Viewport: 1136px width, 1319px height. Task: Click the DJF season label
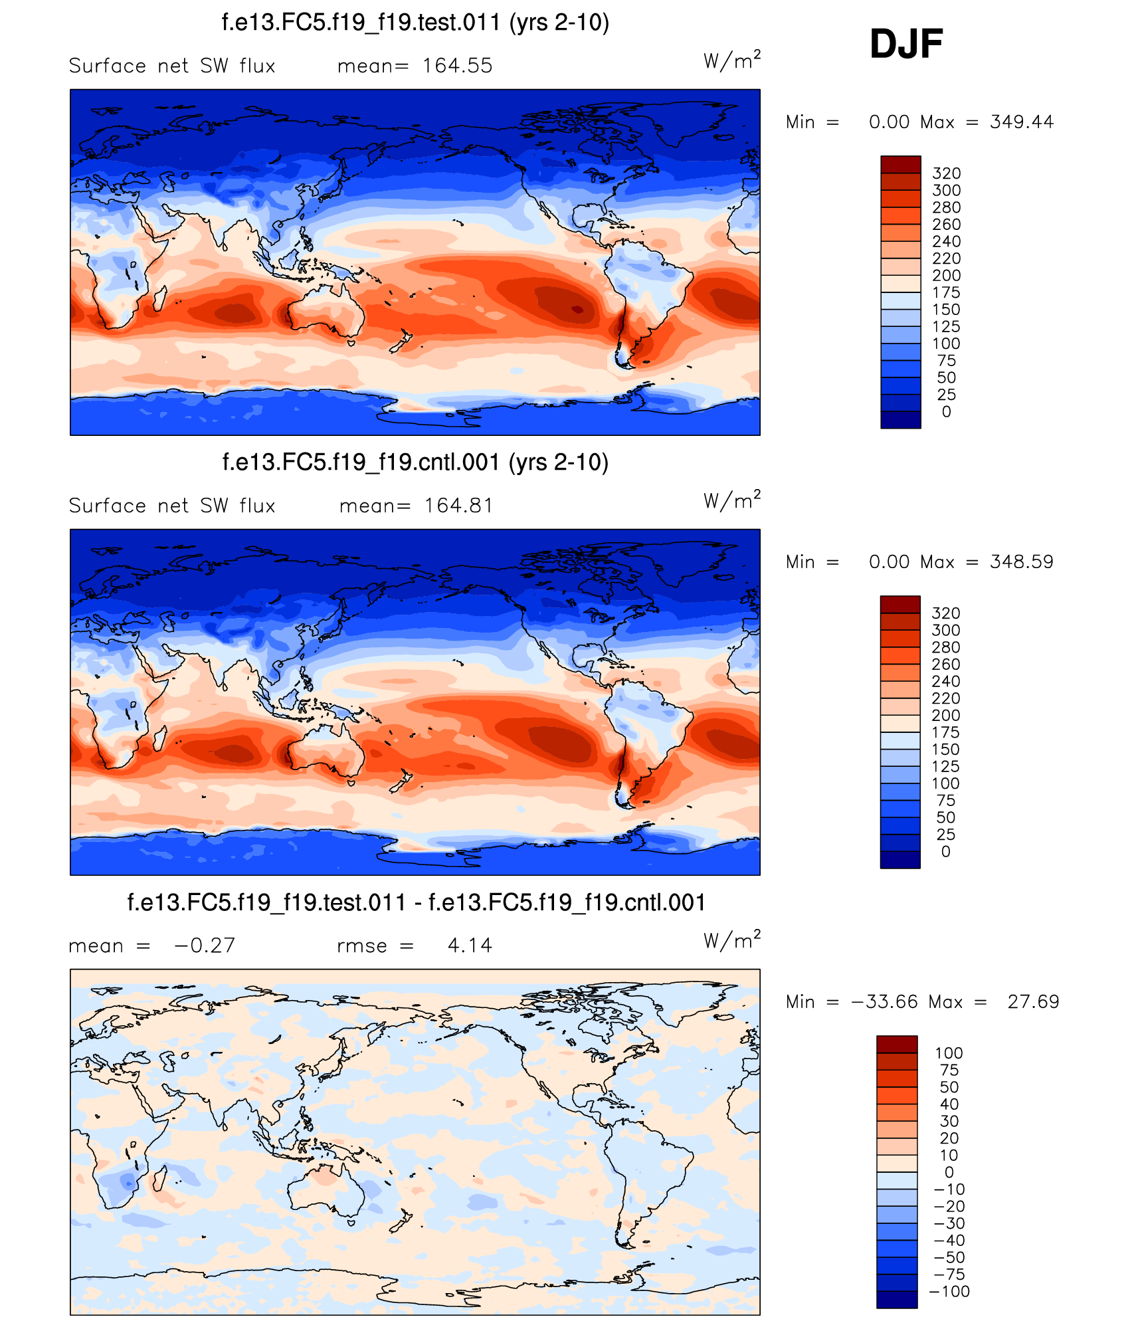(906, 44)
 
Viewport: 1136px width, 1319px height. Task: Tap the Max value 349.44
(1021, 122)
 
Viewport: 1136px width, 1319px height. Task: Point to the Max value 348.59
(1021, 562)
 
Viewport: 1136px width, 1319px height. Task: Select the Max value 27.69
(1033, 1002)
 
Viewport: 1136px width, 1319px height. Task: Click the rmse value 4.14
(470, 946)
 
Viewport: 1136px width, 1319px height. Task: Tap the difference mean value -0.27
(205, 946)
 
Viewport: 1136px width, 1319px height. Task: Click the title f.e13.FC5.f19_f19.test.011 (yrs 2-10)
(415, 23)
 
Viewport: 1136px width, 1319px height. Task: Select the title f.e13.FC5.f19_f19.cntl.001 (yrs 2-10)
(415, 462)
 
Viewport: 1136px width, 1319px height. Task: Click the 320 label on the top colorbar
(946, 173)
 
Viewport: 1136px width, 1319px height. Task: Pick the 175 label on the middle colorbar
(945, 732)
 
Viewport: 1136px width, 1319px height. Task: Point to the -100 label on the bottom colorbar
(949, 1291)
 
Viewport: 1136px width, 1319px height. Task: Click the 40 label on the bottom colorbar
(949, 1104)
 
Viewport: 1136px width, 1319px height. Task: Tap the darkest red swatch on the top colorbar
(900, 164)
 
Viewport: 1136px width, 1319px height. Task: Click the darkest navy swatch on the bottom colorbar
(896, 1299)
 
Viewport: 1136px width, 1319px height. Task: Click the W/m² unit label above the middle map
(731, 500)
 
